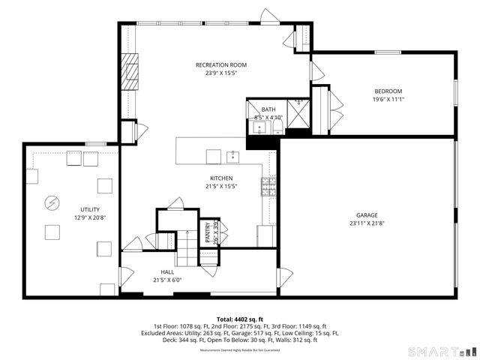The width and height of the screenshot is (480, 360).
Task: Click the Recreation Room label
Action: pyautogui.click(x=220, y=65)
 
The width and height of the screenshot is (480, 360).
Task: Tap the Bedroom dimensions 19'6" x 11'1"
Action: pyautogui.click(x=388, y=99)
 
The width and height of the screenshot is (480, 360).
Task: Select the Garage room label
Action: pyautogui.click(x=367, y=214)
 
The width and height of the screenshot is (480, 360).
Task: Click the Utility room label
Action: pyautogui.click(x=90, y=209)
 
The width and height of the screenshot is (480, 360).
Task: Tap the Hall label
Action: pyautogui.click(x=168, y=271)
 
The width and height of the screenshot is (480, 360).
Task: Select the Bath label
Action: pyautogui.click(x=268, y=109)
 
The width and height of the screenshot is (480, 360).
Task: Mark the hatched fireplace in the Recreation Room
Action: pyautogui.click(x=131, y=71)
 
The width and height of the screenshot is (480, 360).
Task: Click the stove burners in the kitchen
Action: pyautogui.click(x=268, y=186)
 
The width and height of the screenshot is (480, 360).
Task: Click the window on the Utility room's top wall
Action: pyautogui.click(x=95, y=143)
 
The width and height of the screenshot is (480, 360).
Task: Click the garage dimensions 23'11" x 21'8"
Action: pyautogui.click(x=367, y=223)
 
